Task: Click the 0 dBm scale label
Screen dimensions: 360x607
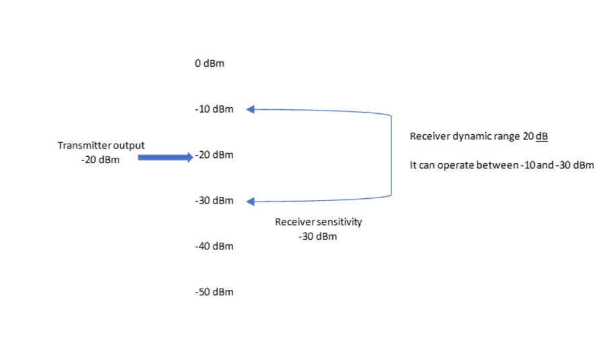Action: click(x=210, y=63)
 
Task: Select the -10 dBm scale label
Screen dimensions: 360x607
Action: click(x=214, y=109)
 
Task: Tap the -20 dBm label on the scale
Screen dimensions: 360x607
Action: click(x=214, y=155)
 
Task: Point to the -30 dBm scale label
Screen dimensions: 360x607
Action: click(x=214, y=201)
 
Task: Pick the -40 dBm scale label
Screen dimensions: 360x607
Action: click(x=214, y=246)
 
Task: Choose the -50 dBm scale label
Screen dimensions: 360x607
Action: click(x=214, y=292)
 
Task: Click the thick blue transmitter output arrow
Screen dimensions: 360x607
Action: click(x=165, y=157)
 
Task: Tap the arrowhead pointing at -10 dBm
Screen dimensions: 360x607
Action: click(x=250, y=109)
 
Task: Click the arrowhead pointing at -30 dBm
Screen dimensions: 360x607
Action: click(x=250, y=202)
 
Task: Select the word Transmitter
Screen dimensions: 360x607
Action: click(x=82, y=145)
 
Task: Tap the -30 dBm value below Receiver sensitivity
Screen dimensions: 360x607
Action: click(x=317, y=237)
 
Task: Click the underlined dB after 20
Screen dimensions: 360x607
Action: click(x=542, y=136)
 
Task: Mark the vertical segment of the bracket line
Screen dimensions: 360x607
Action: click(x=391, y=155)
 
